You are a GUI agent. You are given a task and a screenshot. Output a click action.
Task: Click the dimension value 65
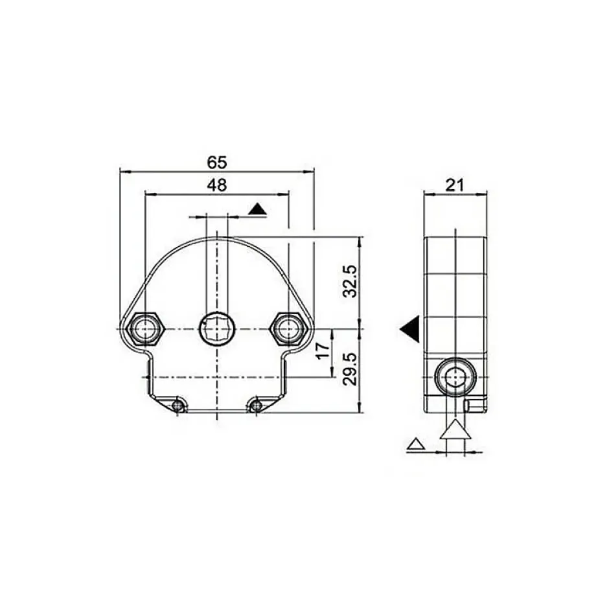point(217,163)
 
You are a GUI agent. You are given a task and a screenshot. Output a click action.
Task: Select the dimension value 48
point(217,185)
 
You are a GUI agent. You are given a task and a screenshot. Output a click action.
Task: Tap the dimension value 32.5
point(350,281)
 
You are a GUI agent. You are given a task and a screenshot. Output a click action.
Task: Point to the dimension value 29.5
point(350,369)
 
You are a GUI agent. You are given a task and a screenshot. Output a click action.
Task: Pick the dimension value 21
point(454,185)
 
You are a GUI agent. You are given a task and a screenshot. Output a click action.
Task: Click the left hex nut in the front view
point(144,328)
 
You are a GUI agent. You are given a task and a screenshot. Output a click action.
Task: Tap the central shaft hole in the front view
point(217,328)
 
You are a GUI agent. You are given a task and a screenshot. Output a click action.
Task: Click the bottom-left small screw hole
point(178,406)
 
